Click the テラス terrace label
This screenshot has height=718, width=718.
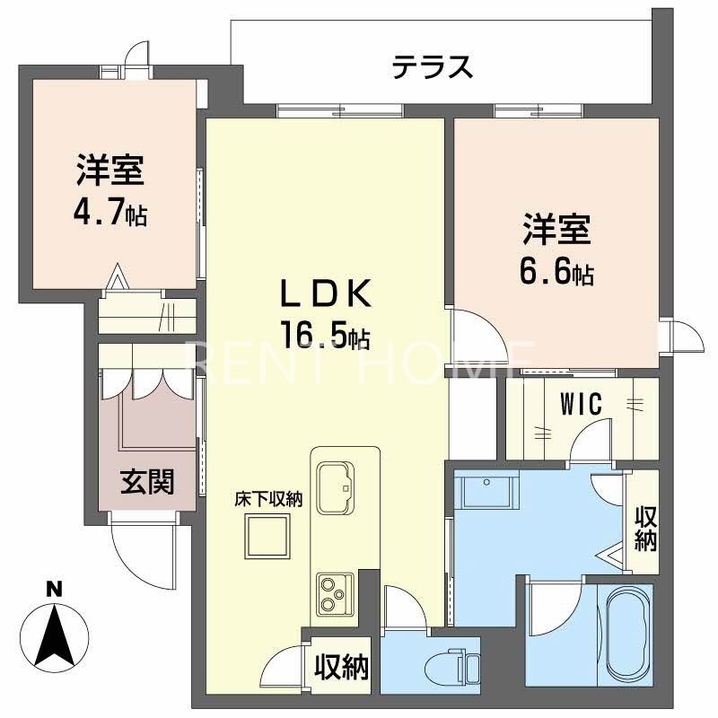pyautogui.click(x=432, y=67)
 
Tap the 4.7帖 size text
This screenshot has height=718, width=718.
pyautogui.click(x=111, y=215)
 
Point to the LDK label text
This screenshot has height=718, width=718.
pyautogui.click(x=326, y=293)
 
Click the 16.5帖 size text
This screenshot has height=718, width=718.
pyautogui.click(x=325, y=336)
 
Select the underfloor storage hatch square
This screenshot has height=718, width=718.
pyautogui.click(x=268, y=538)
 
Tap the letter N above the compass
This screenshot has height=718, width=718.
pyautogui.click(x=55, y=590)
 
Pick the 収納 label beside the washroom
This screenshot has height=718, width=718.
pyautogui.click(x=645, y=529)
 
